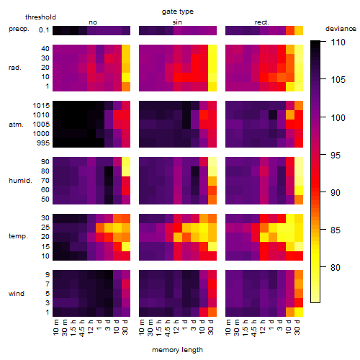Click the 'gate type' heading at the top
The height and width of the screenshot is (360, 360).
click(x=178, y=12)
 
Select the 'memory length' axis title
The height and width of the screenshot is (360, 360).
click(x=177, y=350)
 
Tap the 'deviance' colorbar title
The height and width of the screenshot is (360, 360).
click(x=341, y=29)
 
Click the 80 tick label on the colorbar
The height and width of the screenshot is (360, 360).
click(x=336, y=267)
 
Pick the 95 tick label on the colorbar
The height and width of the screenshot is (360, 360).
click(x=336, y=155)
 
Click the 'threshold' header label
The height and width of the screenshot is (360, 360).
click(x=40, y=17)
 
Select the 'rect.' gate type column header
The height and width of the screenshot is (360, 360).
click(x=262, y=22)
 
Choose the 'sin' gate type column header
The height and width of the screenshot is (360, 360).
click(x=177, y=22)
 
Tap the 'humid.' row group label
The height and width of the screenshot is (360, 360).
click(x=20, y=181)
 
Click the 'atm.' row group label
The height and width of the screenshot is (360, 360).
click(x=16, y=125)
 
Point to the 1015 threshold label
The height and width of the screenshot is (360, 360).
click(x=41, y=105)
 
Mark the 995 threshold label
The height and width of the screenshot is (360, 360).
click(x=43, y=143)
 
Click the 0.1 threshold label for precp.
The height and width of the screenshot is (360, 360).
click(x=44, y=30)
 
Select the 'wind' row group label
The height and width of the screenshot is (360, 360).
click(x=17, y=294)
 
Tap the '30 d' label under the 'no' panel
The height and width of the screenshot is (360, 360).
click(x=125, y=327)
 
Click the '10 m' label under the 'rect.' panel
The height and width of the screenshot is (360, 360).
click(x=229, y=328)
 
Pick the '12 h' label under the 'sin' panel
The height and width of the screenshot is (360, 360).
click(x=177, y=327)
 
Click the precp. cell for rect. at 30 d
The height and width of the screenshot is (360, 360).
click(x=299, y=30)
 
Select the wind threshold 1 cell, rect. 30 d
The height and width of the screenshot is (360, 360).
click(x=299, y=312)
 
